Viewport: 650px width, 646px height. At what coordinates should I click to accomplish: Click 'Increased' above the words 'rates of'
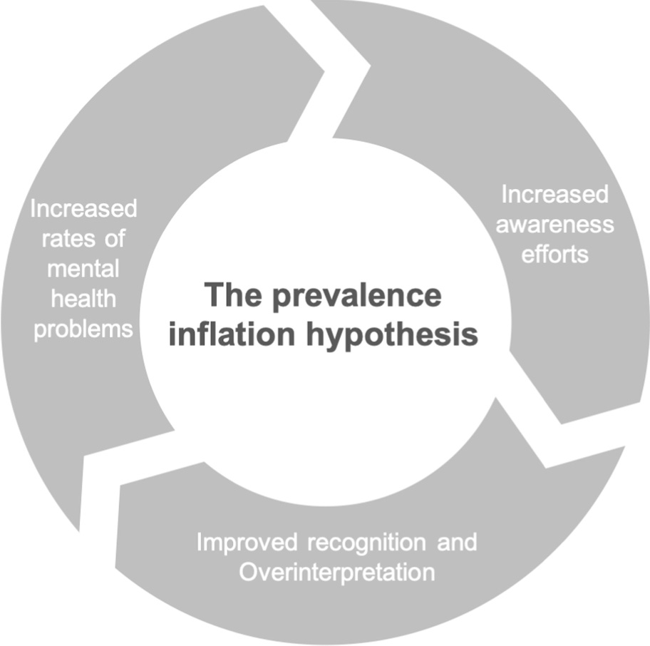[83, 210]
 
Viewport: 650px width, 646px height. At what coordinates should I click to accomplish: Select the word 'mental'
[83, 269]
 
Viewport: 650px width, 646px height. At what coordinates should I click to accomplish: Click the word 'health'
[83, 299]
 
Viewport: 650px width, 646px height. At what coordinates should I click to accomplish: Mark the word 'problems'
[83, 329]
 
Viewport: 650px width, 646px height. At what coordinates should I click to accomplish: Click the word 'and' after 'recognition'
[460, 543]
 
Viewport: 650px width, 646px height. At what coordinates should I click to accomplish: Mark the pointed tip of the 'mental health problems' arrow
[324, 71]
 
